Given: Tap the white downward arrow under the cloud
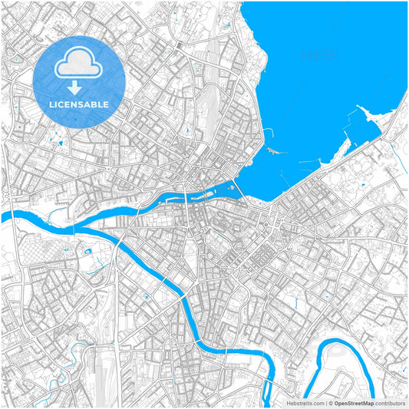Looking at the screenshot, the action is tap(79, 87).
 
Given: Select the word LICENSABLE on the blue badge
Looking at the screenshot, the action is tap(79, 104).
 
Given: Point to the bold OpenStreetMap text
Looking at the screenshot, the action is tap(354, 402).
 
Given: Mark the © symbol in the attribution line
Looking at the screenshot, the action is tap(330, 402).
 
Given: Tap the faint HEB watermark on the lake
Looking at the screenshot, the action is tap(318, 55).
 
